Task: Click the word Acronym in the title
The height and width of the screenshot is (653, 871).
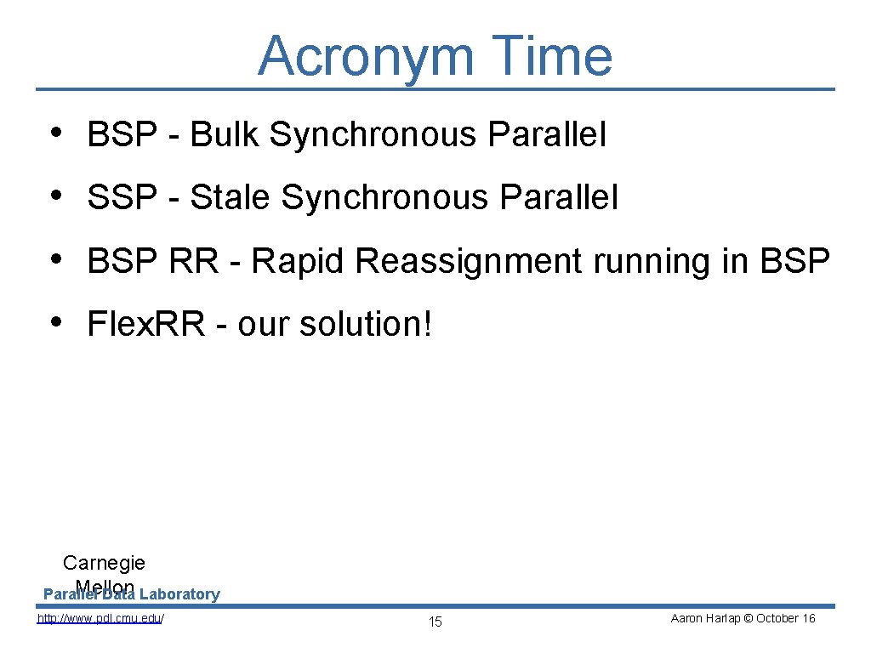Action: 365,56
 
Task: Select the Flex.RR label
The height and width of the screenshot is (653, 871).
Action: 145,324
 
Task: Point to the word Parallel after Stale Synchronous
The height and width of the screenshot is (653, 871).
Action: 559,197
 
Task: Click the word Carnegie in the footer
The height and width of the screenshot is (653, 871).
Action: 104,563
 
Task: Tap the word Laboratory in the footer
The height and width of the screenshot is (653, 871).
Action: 179,594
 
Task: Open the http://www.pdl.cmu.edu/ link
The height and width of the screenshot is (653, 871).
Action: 100,618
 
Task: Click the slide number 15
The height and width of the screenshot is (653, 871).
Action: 435,622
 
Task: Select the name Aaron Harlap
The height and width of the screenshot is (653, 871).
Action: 705,618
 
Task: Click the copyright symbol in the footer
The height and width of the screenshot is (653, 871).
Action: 748,618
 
